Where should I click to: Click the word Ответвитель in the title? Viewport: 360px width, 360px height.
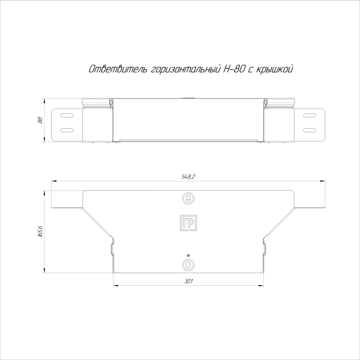pyautogui.click(x=118, y=69)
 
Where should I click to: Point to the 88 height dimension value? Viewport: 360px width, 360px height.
pyautogui.click(x=40, y=120)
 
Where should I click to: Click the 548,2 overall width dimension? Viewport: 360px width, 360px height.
pyautogui.click(x=188, y=177)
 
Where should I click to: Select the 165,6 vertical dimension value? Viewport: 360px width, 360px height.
pyautogui.click(x=40, y=231)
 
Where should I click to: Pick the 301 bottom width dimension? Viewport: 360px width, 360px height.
pyautogui.click(x=188, y=282)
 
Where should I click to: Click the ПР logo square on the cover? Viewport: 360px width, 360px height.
pyautogui.click(x=188, y=223)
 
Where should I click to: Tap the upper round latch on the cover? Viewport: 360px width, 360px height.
pyautogui.click(x=188, y=198)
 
